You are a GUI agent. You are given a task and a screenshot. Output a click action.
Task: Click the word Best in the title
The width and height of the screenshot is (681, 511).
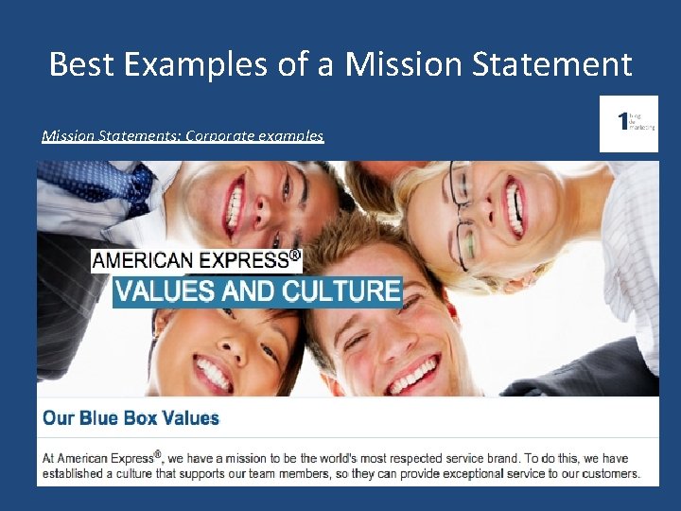click(79, 64)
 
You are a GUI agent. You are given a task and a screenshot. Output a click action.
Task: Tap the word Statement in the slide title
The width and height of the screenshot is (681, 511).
click(561, 64)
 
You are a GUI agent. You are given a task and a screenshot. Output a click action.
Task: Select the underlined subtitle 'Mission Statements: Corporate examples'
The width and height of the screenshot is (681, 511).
click(183, 135)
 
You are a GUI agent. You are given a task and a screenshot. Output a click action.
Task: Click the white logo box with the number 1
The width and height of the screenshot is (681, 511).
click(628, 123)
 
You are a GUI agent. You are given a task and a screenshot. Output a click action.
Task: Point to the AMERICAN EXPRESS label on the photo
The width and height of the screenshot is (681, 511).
click(196, 260)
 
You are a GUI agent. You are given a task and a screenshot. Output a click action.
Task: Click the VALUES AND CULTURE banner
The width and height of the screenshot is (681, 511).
click(257, 291)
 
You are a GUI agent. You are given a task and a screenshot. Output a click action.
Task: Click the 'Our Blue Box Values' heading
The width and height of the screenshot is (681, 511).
click(131, 418)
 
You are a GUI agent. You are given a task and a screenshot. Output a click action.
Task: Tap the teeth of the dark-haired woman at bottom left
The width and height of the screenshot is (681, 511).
click(214, 375)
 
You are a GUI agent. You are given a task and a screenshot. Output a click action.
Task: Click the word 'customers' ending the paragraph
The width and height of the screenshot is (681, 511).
click(607, 473)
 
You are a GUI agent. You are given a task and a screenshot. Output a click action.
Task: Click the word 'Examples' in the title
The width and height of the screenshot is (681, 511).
click(216, 64)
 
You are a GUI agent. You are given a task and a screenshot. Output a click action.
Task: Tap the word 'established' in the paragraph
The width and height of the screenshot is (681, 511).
click(73, 473)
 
